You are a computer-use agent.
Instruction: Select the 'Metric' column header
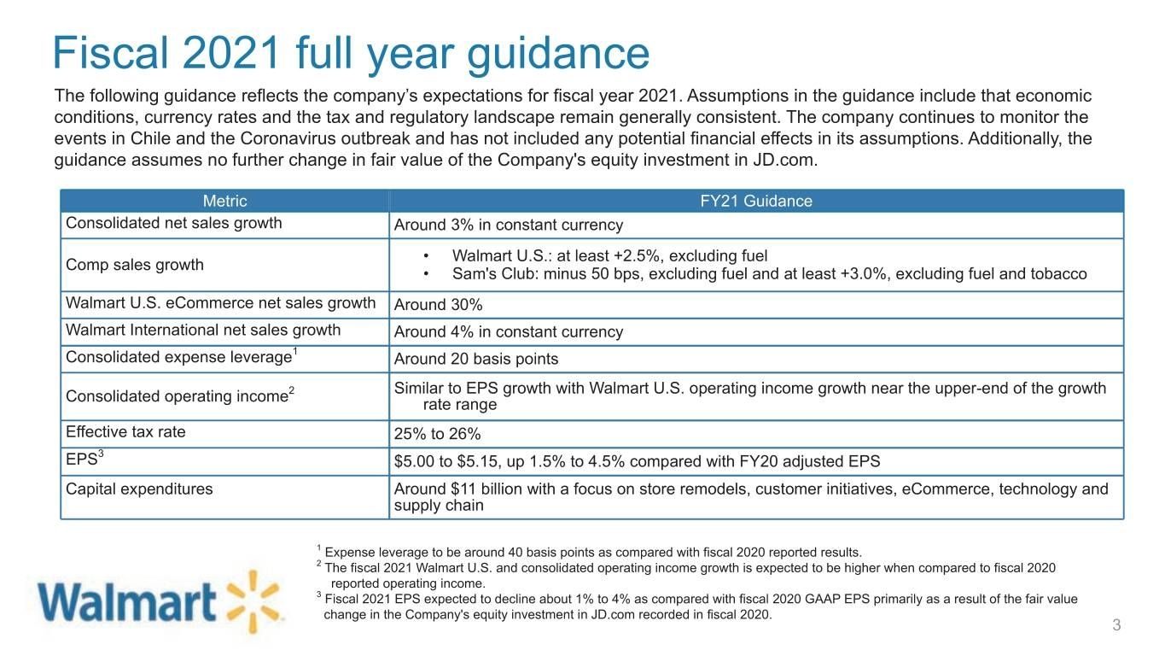pyautogui.click(x=224, y=201)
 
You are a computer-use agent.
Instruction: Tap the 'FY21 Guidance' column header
pyautogui.click(x=755, y=201)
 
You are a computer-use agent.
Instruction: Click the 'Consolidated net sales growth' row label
pyautogui.click(x=174, y=223)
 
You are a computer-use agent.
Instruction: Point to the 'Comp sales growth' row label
pyautogui.click(x=135, y=265)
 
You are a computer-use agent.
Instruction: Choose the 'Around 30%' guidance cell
pyautogui.click(x=438, y=305)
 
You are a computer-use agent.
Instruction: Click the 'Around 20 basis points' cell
pyautogui.click(x=476, y=359)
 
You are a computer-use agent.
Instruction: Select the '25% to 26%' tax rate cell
pyautogui.click(x=437, y=434)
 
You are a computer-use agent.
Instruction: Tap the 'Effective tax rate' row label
pyautogui.click(x=125, y=431)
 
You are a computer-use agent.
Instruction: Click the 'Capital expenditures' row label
pyautogui.click(x=139, y=489)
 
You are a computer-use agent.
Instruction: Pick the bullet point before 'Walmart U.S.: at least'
pyautogui.click(x=426, y=256)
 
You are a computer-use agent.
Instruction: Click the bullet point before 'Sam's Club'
pyautogui.click(x=426, y=274)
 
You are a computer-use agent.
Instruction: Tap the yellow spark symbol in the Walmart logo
pyautogui.click(x=253, y=602)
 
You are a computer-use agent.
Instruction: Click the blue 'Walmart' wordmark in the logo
pyautogui.click(x=127, y=602)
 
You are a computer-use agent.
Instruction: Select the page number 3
pyautogui.click(x=1116, y=624)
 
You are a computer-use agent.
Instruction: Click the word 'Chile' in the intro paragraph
pyautogui.click(x=150, y=138)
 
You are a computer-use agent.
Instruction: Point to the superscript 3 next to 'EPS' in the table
pyautogui.click(x=101, y=454)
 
